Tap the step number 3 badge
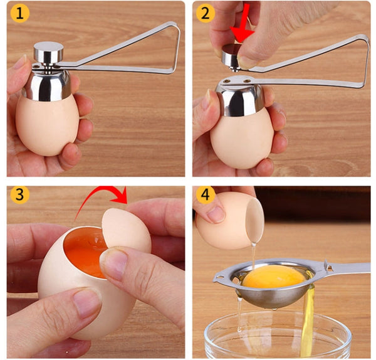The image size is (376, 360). (19, 194)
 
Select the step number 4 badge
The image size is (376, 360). (205, 194)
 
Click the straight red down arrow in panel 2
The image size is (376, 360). (241, 22)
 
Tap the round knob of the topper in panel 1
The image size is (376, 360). (48, 51)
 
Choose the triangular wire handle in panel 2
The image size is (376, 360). (326, 60)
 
